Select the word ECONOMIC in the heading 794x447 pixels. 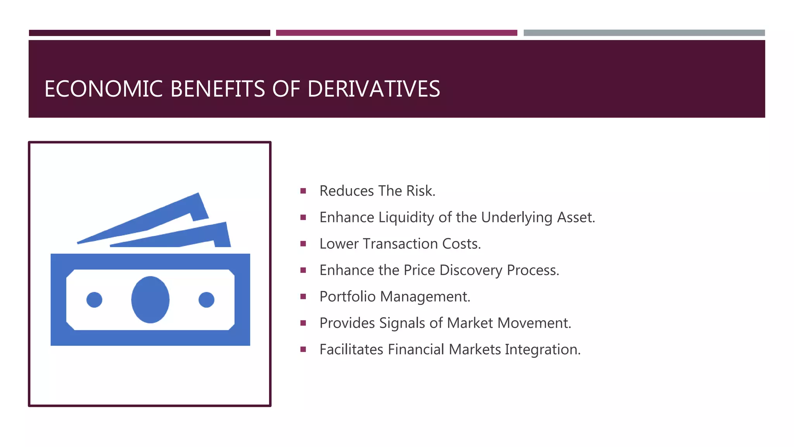click(103, 89)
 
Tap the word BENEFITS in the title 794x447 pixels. click(217, 89)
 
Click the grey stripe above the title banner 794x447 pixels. click(644, 33)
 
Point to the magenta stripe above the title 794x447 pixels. click(396, 33)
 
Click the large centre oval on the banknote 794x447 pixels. click(150, 300)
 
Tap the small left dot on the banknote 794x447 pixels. click(94, 300)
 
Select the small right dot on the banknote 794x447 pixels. click(206, 300)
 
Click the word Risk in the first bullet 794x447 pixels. click(420, 191)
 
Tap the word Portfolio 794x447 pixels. click(347, 296)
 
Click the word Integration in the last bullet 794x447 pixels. click(542, 350)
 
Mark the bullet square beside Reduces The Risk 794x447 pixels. click(303, 191)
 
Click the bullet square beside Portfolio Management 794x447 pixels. click(303, 296)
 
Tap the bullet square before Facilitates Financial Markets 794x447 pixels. click(303, 349)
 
